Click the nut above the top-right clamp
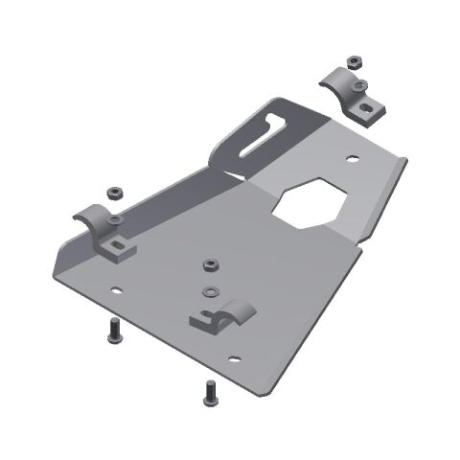click(x=353, y=62)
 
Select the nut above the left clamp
click(x=115, y=190)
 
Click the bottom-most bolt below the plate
click(x=208, y=393)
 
